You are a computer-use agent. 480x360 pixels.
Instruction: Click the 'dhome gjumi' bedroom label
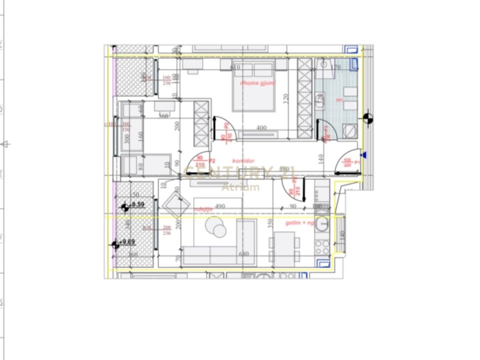[257, 83]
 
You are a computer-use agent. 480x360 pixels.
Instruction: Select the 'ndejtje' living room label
[203, 209]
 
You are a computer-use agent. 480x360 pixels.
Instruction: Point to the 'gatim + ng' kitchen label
[300, 223]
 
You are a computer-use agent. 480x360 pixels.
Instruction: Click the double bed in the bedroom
[253, 88]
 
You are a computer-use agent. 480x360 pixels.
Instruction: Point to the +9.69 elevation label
[127, 242]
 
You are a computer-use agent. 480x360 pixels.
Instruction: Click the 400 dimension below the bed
[262, 127]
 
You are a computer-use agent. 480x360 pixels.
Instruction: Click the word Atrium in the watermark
[240, 187]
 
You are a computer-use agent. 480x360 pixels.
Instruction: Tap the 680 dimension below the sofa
[243, 254]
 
